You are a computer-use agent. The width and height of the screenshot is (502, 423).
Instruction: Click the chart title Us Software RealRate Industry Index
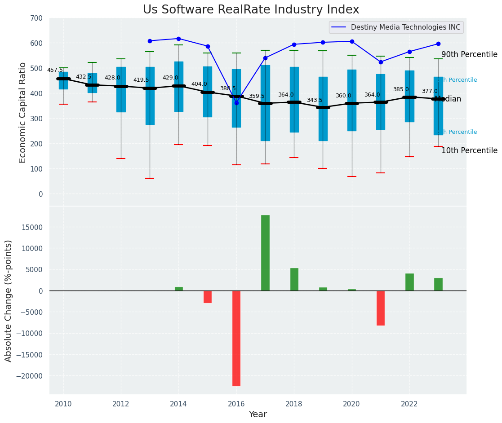251,10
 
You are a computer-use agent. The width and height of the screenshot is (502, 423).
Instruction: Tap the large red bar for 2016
236,338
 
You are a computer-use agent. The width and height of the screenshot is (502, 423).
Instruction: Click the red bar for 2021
381,308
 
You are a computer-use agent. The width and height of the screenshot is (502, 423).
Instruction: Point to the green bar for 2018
294,279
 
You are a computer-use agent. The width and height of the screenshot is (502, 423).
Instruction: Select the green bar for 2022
409,282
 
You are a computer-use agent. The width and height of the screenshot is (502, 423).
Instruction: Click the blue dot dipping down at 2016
236,103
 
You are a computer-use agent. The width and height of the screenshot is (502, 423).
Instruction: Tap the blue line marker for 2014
179,39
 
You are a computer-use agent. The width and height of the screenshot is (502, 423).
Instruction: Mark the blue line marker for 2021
381,62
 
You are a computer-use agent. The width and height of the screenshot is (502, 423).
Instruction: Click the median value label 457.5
55,70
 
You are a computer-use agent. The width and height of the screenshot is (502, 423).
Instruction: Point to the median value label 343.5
315,100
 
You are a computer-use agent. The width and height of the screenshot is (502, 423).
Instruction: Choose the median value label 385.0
401,89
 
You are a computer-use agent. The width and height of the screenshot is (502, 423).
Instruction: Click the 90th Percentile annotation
469,55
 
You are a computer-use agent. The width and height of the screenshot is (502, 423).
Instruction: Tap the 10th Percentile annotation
469,151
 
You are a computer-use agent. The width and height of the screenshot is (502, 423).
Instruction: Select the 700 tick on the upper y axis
37,18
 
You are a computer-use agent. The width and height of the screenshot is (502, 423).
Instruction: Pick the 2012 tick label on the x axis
121,404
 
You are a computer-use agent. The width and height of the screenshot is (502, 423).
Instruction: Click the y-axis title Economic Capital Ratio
23,112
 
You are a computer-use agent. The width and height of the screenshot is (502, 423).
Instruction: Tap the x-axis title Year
258,414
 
